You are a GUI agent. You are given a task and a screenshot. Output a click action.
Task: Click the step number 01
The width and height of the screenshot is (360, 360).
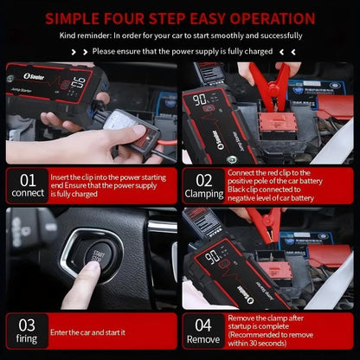tap(29, 178)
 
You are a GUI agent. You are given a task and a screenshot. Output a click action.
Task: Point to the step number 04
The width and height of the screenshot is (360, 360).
tap(204, 324)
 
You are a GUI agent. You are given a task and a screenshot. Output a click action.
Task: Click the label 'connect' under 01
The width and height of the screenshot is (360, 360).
tap(29, 195)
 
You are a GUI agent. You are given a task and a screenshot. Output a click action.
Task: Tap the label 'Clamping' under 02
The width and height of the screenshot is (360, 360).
tap(204, 195)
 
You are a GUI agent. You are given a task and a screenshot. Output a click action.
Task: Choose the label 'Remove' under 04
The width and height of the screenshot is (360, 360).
tap(204, 340)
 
